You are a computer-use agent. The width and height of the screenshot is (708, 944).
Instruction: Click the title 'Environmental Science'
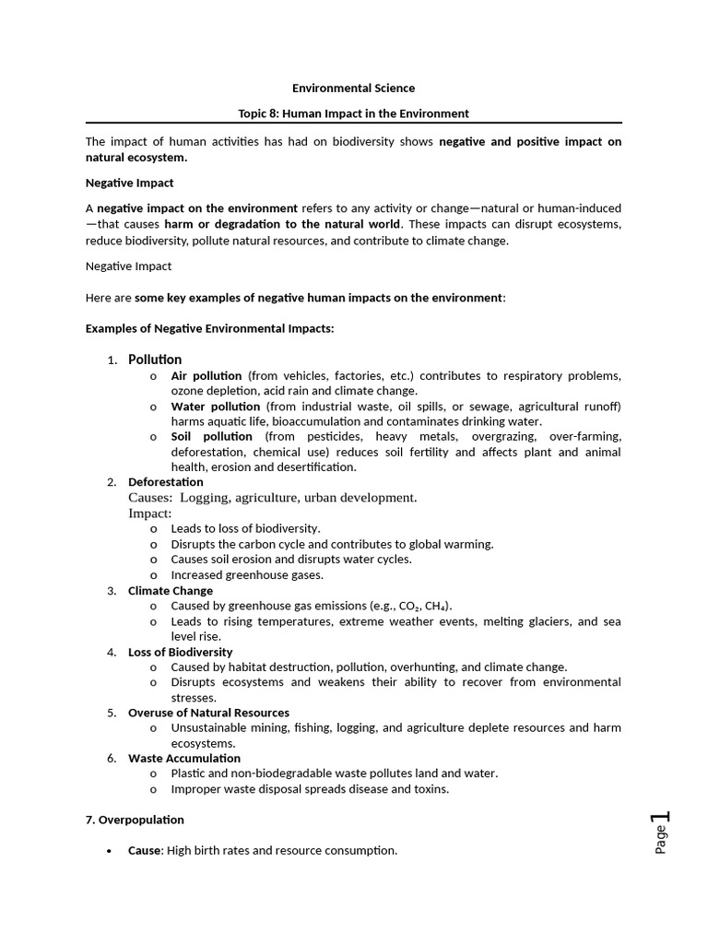(353, 88)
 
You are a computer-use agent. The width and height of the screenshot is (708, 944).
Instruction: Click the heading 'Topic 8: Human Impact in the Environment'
(353, 113)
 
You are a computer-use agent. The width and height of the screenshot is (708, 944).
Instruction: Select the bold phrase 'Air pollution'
(206, 376)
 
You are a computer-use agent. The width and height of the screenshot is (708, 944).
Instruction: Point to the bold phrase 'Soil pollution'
(212, 437)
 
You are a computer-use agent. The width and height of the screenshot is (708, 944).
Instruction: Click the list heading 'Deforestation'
(166, 482)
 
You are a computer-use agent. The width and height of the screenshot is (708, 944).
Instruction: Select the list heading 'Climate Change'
(171, 591)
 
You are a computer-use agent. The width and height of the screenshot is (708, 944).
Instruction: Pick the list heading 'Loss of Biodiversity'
(180, 652)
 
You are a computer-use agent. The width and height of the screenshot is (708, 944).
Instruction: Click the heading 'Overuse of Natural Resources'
(208, 713)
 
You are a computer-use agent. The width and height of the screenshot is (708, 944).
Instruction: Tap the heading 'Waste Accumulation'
(184, 759)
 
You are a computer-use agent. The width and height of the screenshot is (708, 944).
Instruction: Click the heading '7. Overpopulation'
(135, 820)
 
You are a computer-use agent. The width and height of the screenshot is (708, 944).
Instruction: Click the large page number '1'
(660, 817)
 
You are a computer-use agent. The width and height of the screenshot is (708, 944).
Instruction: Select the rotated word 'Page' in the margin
(661, 841)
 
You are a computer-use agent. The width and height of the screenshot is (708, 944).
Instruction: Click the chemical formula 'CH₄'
(436, 607)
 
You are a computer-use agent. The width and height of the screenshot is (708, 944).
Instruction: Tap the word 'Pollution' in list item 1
(155, 360)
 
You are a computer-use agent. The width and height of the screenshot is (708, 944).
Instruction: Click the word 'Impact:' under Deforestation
(149, 513)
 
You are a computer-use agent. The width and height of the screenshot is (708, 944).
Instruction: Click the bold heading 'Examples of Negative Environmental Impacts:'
(210, 328)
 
